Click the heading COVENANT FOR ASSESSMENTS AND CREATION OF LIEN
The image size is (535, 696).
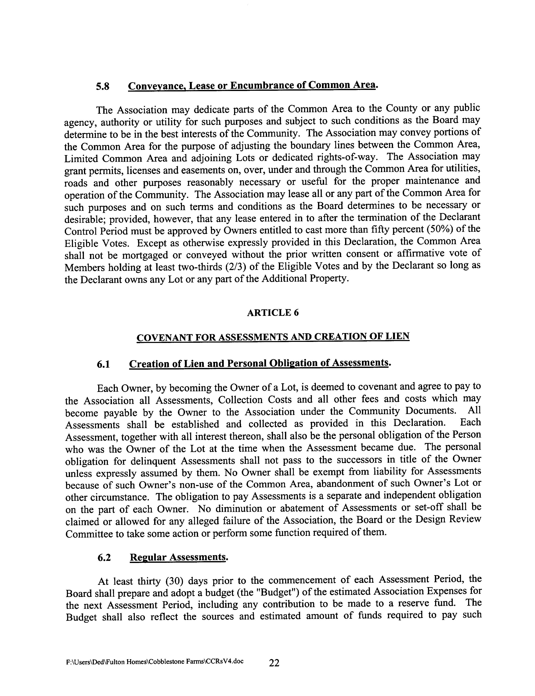coord(273,337)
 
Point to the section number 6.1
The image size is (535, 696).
coord(103,364)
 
